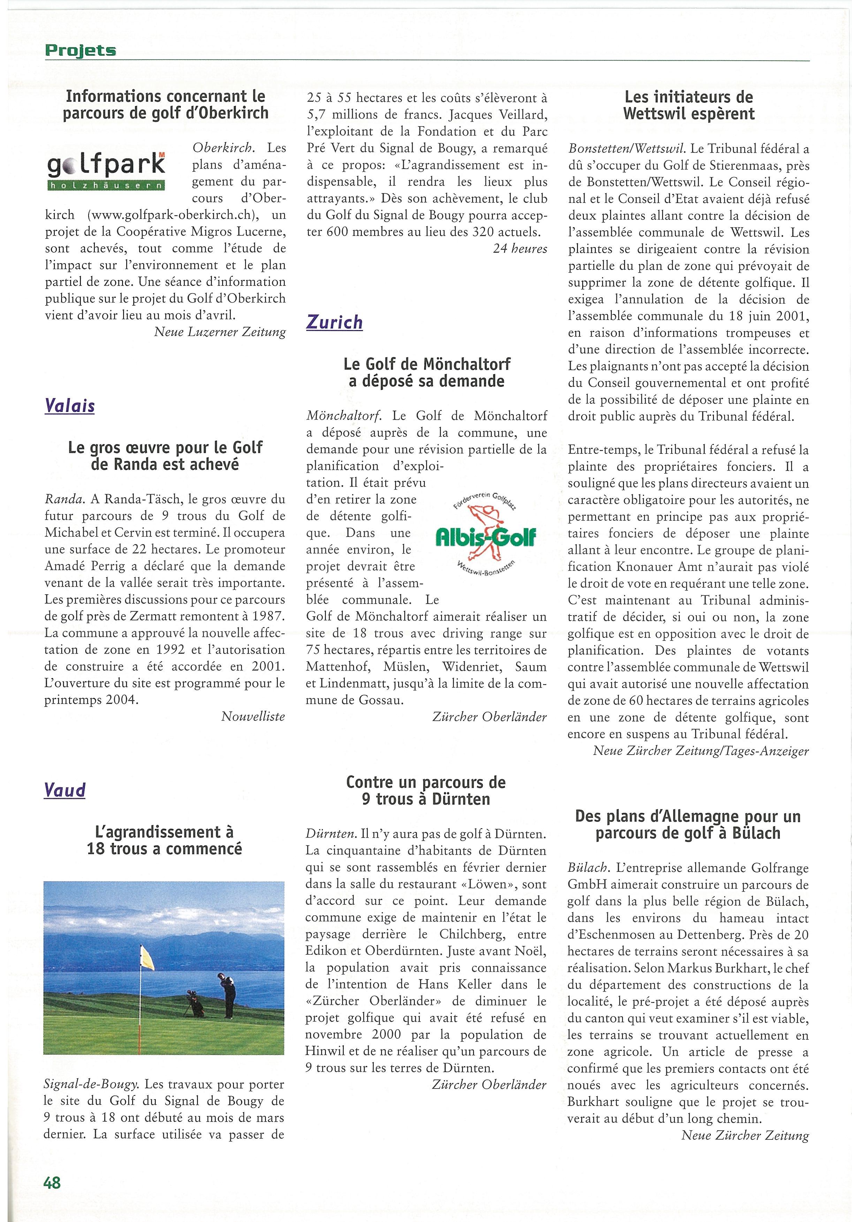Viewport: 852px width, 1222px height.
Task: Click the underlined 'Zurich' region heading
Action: [x=334, y=322]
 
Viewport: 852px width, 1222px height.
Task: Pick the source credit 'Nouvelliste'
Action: [x=253, y=716]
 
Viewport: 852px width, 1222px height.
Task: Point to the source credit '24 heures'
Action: [x=519, y=249]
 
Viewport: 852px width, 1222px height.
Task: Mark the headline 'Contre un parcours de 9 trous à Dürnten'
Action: [x=426, y=791]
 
